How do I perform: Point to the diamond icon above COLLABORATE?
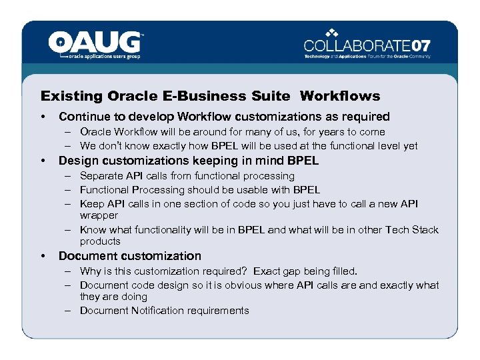coord(333,32)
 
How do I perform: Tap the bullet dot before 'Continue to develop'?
coord(43,117)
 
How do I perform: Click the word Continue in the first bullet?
coord(84,117)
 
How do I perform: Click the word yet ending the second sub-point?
coord(410,145)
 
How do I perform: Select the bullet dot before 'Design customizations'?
coord(43,161)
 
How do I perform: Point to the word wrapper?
coord(99,215)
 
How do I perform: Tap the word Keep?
coord(91,203)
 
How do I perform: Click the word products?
coord(100,241)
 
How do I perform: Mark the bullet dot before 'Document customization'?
coord(43,257)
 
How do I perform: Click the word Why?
coord(90,271)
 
